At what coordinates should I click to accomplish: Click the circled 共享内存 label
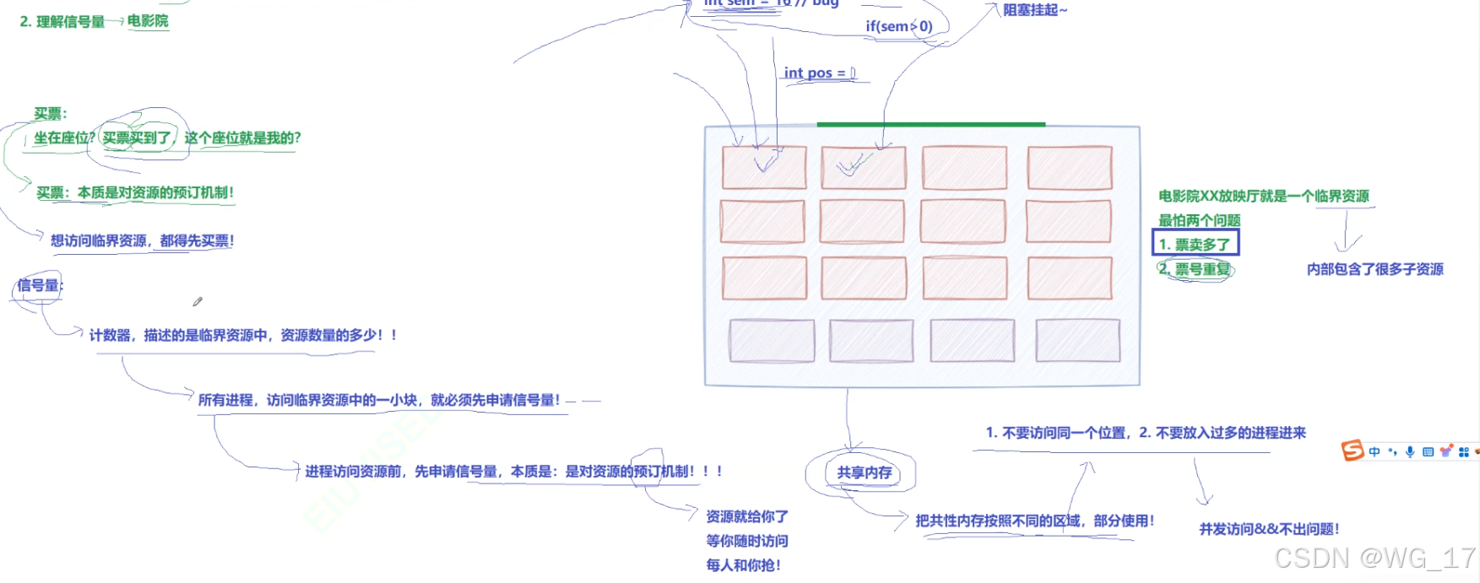(864, 472)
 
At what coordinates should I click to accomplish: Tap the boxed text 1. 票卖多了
(1195, 244)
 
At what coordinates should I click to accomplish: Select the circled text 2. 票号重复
(1195, 269)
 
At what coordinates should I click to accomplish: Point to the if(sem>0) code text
(898, 26)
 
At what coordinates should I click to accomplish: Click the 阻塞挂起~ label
(1034, 10)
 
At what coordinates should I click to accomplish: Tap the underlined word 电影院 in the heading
(148, 21)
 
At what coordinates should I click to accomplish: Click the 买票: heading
(51, 113)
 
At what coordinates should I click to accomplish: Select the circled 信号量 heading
(39, 285)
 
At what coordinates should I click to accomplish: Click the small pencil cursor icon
(198, 301)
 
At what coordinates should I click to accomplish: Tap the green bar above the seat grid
(930, 124)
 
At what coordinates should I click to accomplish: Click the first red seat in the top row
(764, 167)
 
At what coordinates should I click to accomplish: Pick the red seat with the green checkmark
(863, 167)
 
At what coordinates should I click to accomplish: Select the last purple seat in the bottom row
(1077, 340)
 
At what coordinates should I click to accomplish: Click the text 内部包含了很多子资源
(1374, 269)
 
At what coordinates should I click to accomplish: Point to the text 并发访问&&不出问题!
(1269, 529)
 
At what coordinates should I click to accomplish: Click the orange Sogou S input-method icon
(1353, 451)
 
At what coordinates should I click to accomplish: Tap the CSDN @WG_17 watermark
(1374, 558)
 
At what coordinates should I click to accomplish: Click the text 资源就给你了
(747, 516)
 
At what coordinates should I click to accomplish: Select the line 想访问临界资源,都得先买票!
(142, 240)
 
